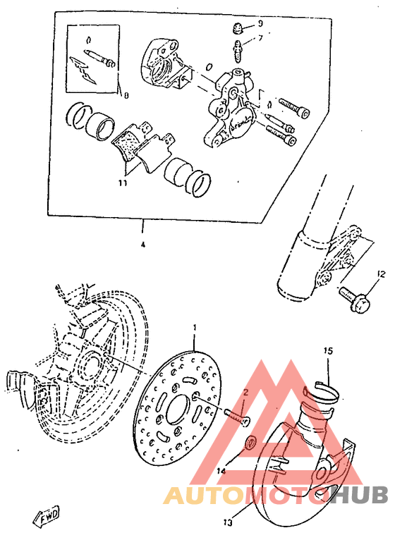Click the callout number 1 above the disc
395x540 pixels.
195,328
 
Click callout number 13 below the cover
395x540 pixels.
228,523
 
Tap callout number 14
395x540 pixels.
221,470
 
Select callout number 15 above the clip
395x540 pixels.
327,350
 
